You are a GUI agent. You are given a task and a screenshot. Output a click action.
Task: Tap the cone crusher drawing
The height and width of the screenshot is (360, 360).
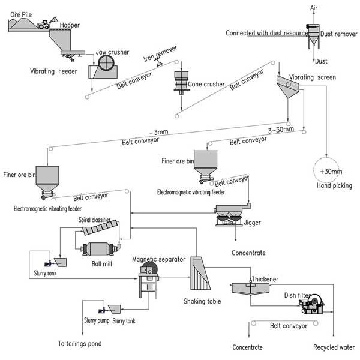pyautogui.click(x=179, y=82)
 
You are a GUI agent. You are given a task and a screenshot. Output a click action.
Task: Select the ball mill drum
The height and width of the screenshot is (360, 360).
pyautogui.click(x=98, y=250)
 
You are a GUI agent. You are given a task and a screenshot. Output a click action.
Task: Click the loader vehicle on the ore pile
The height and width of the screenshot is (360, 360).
pyautogui.click(x=44, y=24)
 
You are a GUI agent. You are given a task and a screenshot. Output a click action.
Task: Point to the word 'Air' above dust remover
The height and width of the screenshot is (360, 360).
pyautogui.click(x=313, y=8)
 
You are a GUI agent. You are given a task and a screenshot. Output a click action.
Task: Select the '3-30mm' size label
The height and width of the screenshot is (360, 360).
pyautogui.click(x=280, y=130)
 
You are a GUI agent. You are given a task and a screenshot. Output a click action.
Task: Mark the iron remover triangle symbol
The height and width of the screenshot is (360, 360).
pyautogui.click(x=157, y=61)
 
